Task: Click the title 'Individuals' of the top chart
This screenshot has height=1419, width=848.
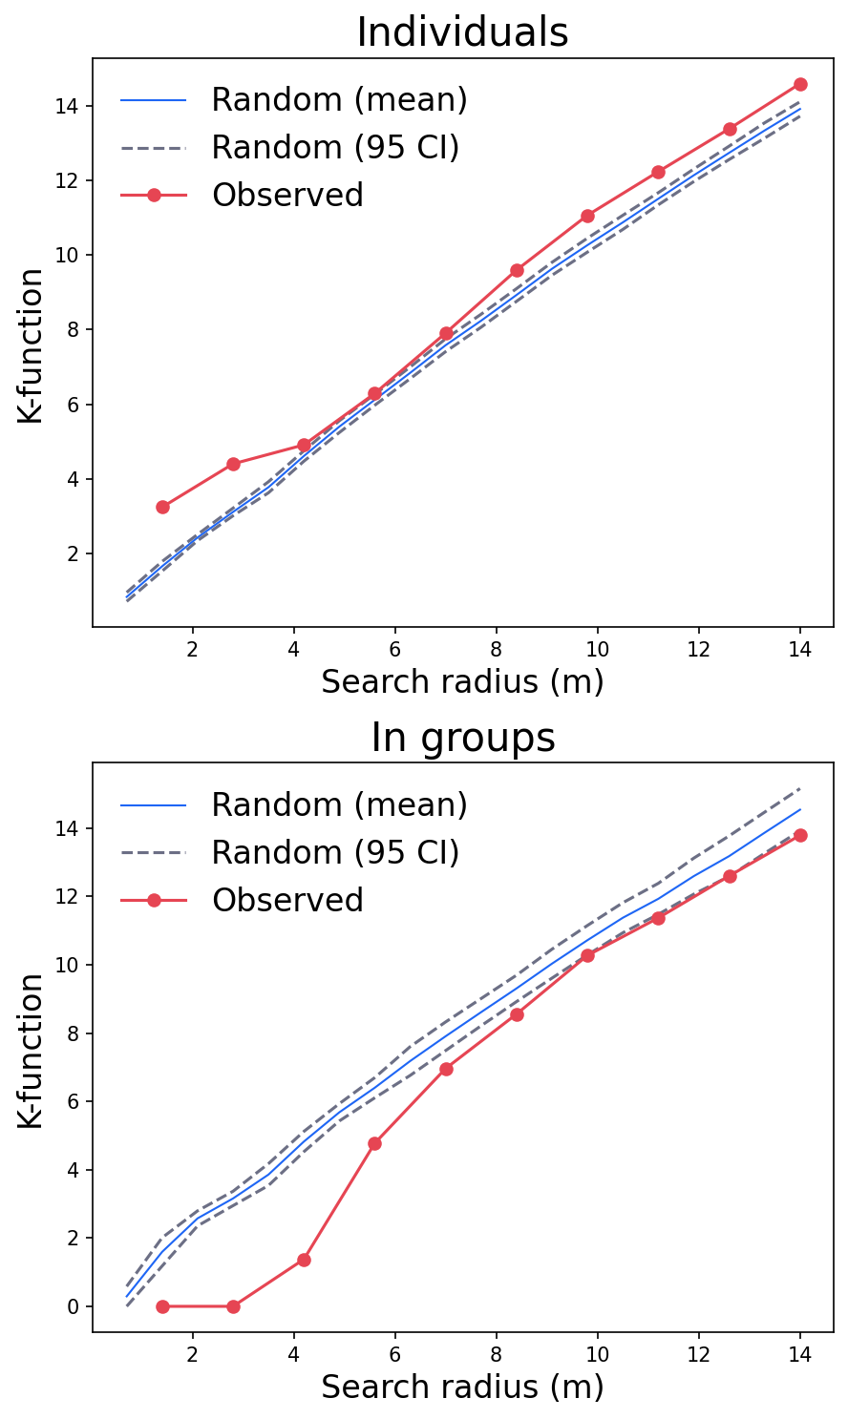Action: coord(462,32)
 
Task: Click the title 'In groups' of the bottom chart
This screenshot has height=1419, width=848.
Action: coord(462,738)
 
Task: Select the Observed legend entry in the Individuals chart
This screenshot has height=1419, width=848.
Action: coord(287,195)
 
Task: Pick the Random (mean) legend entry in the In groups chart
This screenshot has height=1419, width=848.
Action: coord(339,804)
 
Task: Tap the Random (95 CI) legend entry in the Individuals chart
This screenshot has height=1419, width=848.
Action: coord(335,147)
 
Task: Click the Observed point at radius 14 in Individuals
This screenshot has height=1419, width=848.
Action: coord(800,84)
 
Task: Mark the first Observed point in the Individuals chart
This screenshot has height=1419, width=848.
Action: coord(162,507)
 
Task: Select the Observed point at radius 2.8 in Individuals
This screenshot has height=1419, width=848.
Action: coord(233,464)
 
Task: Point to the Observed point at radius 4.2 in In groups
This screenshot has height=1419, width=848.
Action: coord(304,1260)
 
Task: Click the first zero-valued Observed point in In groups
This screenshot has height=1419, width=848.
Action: coord(162,1306)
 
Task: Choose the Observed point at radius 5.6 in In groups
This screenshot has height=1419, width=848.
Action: coord(374,1143)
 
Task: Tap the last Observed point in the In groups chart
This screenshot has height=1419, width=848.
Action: coord(800,835)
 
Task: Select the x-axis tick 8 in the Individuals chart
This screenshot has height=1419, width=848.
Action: coord(496,647)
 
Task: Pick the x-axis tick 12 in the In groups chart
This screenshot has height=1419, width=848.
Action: coord(698,1352)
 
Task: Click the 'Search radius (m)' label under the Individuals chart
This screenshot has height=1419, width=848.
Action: coord(462,681)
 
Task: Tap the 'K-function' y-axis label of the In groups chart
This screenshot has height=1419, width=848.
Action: coord(31,1050)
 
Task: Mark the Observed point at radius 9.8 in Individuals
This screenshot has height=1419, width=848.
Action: coord(587,216)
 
